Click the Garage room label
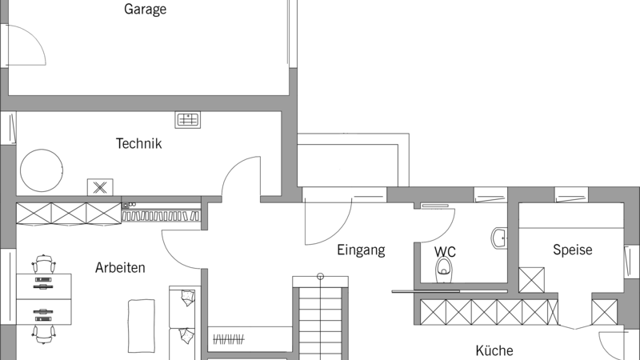click(146, 9)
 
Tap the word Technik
click(138, 143)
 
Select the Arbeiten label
click(120, 267)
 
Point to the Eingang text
click(361, 250)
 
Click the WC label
click(445, 251)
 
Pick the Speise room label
click(572, 250)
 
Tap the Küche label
click(494, 350)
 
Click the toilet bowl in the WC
click(444, 270)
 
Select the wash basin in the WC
click(498, 238)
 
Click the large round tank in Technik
click(42, 170)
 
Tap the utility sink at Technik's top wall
click(188, 119)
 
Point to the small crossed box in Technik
click(100, 187)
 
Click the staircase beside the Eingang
click(321, 318)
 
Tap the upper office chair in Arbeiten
click(44, 265)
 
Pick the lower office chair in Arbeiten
click(44, 334)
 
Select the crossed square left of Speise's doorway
click(531, 280)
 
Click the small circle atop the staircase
click(321, 276)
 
